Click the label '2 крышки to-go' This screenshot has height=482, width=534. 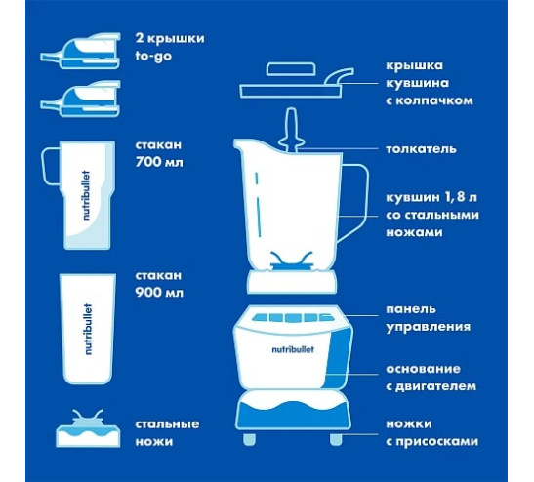coord(170,47)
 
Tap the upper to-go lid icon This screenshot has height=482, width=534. coord(81,51)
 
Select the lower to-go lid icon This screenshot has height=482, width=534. coord(81,99)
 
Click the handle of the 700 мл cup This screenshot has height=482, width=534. coord(51,167)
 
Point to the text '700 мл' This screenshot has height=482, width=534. coord(159,162)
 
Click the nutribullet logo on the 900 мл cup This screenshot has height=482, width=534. coord(88,329)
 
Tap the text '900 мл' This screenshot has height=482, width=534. coord(159,293)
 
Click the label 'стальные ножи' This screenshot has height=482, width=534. coord(168,432)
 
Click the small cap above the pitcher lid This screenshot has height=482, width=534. coord(291,69)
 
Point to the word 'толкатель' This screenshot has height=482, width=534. coord(421,149)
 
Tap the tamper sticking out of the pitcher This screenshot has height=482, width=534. coord(292,131)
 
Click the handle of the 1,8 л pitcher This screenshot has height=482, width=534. coord(356,201)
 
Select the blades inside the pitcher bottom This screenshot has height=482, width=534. coord(292,261)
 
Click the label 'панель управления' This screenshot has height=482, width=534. coord(429,318)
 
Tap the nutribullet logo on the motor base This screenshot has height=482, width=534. coord(293,349)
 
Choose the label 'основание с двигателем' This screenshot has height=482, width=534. coord(431,378)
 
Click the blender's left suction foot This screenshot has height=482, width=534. coord(249,439)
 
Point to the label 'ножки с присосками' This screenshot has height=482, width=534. coord(431,432)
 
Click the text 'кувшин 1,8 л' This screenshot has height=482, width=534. coord(431,197)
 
